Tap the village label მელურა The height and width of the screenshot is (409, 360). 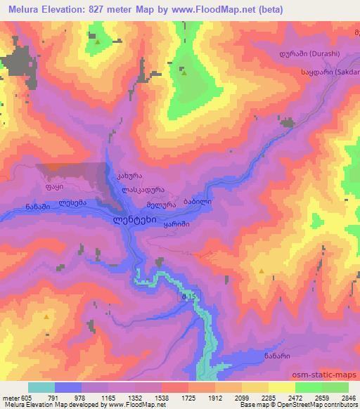coord(160,204)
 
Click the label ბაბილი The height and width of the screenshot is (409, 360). coord(197,202)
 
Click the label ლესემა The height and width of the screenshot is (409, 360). coord(72,204)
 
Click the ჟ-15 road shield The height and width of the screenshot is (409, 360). coord(188,297)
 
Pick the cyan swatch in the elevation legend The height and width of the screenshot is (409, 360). coord(41,387)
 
